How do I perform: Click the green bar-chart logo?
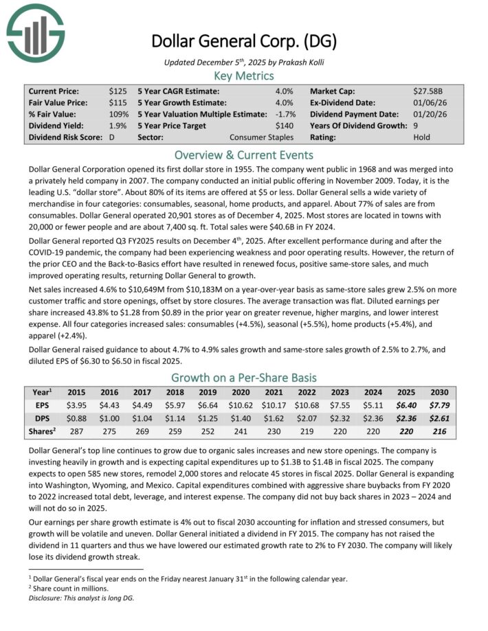point(35,30)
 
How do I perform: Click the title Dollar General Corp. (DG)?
point(244,41)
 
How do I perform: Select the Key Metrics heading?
point(244,76)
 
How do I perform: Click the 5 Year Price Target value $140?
point(284,126)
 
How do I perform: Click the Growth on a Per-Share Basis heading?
point(244,377)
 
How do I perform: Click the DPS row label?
point(41,418)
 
